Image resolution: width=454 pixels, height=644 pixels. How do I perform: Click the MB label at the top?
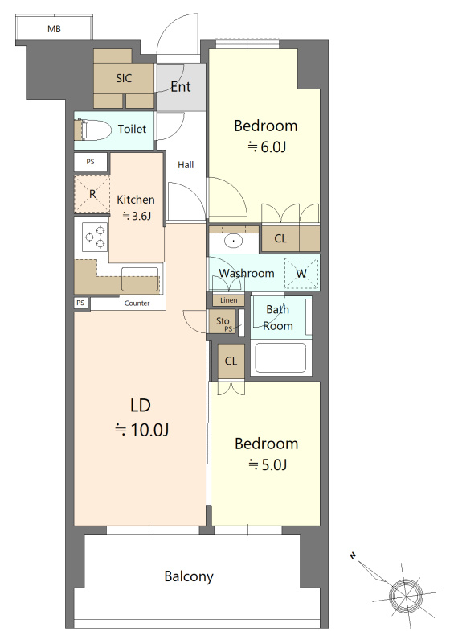coord(54,29)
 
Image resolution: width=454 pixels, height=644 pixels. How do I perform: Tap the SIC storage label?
coord(124,78)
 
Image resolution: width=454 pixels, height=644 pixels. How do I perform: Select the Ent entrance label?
coord(181,87)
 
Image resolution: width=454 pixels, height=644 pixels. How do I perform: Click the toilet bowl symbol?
coord(96,130)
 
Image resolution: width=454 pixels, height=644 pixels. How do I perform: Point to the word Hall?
coord(186,165)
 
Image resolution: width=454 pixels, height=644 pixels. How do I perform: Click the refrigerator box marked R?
coord(92,194)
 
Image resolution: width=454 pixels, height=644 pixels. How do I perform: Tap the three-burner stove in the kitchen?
coord(95,237)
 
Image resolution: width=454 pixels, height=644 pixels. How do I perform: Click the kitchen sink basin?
coord(140,279)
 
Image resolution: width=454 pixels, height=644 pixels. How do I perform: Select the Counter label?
coord(137,303)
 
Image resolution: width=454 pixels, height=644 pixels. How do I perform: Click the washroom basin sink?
coord(233,241)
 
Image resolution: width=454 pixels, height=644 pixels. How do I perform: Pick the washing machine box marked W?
coord(301,273)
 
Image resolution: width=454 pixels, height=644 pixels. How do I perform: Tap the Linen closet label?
coord(228,300)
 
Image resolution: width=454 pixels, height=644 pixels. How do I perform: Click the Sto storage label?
coord(223,320)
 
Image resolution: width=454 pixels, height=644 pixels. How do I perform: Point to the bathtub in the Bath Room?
coord(281,357)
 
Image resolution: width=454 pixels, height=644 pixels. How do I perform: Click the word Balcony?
coord(189,576)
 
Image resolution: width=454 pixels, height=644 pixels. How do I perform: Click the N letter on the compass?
coord(353,555)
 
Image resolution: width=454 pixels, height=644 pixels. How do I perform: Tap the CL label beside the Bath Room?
coord(231,361)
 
